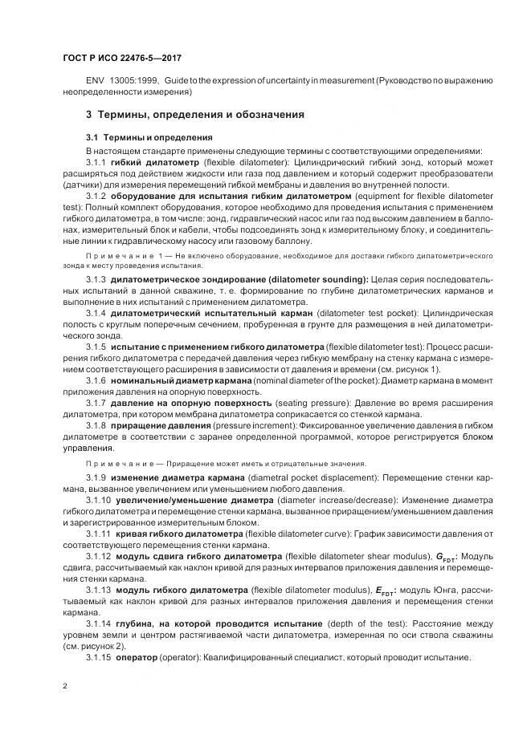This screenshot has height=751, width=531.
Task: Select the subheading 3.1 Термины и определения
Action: click(149, 137)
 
